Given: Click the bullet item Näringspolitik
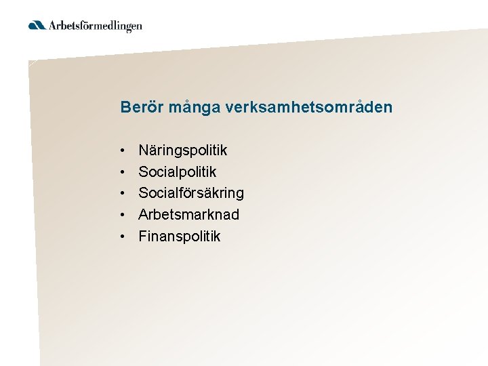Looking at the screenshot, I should [x=182, y=150].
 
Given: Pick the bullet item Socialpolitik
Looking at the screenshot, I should [x=177, y=171].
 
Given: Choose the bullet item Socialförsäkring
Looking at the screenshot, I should [x=191, y=193].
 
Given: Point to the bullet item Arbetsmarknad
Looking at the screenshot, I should [x=188, y=215].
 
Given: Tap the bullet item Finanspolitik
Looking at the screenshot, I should [x=180, y=237].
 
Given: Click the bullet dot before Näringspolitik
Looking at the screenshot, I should [x=123, y=150].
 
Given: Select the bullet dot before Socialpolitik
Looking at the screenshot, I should [x=123, y=171].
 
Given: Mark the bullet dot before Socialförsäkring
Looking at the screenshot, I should [x=123, y=193].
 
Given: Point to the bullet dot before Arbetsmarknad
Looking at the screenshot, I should [x=123, y=215].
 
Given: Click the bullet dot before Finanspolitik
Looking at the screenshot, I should [x=123, y=237].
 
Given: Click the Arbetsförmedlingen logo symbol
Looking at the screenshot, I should [x=37, y=26].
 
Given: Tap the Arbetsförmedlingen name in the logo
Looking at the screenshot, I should [x=95, y=26].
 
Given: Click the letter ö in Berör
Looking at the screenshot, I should [x=147, y=107].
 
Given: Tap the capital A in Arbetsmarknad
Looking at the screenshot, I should [x=144, y=215].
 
